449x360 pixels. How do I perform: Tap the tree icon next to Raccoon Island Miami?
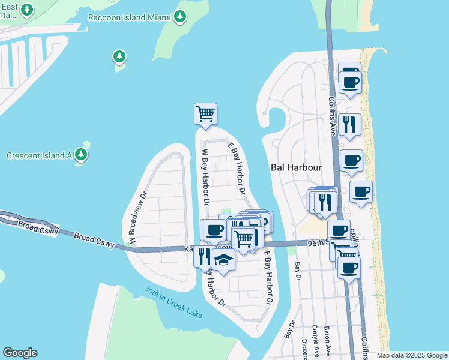(x=179, y=17)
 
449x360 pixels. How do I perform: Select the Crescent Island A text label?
(x=39, y=155)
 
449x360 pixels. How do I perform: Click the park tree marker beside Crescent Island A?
(x=82, y=155)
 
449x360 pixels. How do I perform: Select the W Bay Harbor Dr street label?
(x=205, y=179)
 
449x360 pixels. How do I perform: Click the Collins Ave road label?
(x=331, y=118)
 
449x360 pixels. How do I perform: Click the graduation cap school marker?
(x=223, y=260)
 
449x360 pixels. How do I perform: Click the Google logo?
(x=20, y=353)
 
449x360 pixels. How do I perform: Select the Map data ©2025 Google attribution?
(x=412, y=355)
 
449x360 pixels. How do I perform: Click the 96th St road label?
(x=316, y=242)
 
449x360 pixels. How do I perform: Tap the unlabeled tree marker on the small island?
(x=119, y=58)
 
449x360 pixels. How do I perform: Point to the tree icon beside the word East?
(x=27, y=10)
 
